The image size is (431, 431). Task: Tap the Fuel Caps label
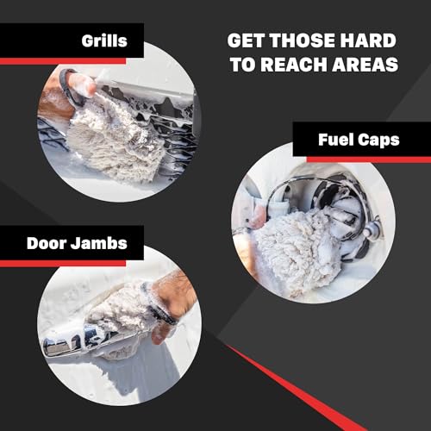coord(359,140)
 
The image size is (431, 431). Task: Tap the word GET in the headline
coord(247,41)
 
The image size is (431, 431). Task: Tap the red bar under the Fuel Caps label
coord(362,159)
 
